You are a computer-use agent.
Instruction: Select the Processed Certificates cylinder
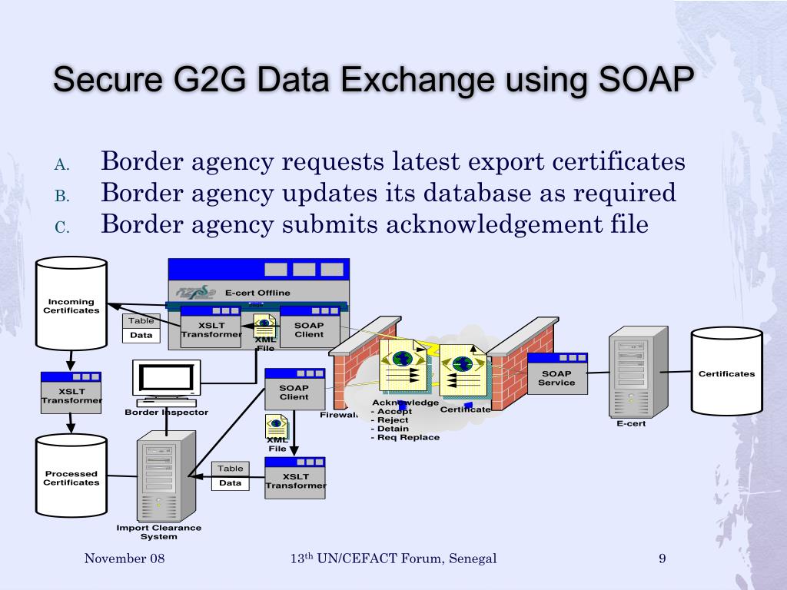[71, 476]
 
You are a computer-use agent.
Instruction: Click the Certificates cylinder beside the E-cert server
[726, 373]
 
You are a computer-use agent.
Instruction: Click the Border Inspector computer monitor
[167, 380]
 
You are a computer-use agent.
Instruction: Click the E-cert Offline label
[257, 293]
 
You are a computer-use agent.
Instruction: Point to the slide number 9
[662, 559]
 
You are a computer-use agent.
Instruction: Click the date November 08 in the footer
[125, 559]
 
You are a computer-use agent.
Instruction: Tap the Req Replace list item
[406, 437]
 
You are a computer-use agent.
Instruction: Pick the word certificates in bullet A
[619, 162]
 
